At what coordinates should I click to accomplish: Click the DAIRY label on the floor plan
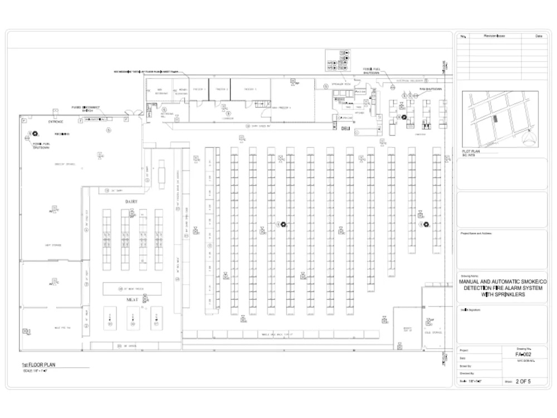(x=131, y=201)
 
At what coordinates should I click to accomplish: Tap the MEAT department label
(x=132, y=300)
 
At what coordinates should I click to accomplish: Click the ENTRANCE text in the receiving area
(x=55, y=121)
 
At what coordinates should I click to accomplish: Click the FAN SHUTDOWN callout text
(x=431, y=89)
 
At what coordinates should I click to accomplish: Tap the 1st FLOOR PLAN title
(x=38, y=365)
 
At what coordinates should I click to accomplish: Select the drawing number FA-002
(x=524, y=354)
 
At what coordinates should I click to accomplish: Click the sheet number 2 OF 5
(x=523, y=382)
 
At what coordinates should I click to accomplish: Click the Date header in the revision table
(x=538, y=36)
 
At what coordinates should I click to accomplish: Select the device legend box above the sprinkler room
(x=338, y=60)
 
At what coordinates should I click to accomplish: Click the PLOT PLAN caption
(x=472, y=152)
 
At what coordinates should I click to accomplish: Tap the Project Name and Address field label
(x=476, y=234)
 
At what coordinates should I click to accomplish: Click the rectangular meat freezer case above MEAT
(x=132, y=289)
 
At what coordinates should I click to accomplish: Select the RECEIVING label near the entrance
(x=62, y=134)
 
